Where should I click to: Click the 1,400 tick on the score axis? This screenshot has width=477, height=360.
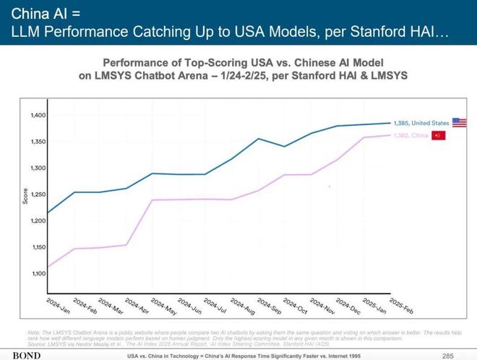[38, 116]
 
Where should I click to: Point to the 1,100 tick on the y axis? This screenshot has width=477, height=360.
[38, 274]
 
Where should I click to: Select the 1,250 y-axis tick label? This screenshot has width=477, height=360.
[38, 194]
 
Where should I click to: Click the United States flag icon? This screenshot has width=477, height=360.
[460, 123]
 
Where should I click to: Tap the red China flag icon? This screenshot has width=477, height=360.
[438, 136]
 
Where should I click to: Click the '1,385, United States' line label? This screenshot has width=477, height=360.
[421, 124]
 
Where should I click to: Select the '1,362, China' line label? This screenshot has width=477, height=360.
[411, 136]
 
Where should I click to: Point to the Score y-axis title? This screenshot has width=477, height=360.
[25, 195]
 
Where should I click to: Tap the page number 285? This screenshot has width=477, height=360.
[447, 355]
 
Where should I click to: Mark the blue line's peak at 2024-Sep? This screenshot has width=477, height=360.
[259, 138]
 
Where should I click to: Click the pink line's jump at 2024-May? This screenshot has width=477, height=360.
[152, 200]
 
